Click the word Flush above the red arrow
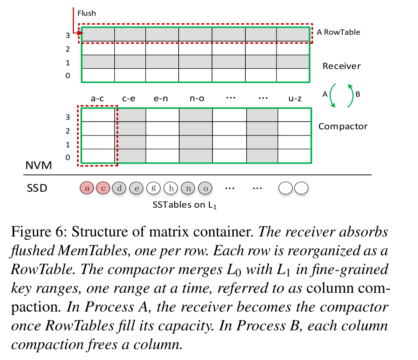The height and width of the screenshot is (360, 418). point(87,13)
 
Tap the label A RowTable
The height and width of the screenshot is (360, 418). point(338,32)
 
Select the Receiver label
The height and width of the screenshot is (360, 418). point(341,66)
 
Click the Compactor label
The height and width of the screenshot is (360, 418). point(343,126)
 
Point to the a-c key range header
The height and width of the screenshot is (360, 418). point(97,99)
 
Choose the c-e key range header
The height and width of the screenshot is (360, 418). point(129,99)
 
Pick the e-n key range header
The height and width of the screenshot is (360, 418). point(161,99)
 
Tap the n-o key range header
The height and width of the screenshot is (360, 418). point(197,99)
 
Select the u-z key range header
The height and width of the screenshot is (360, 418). point(295,99)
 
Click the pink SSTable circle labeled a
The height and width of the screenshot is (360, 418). point(87,188)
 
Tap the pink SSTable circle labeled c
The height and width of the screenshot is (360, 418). point(103,188)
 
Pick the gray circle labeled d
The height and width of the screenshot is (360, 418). point(119,188)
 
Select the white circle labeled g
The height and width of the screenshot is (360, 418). point(154,188)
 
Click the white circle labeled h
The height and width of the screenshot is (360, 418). point(171,188)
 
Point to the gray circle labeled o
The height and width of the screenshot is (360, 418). point(205,188)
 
